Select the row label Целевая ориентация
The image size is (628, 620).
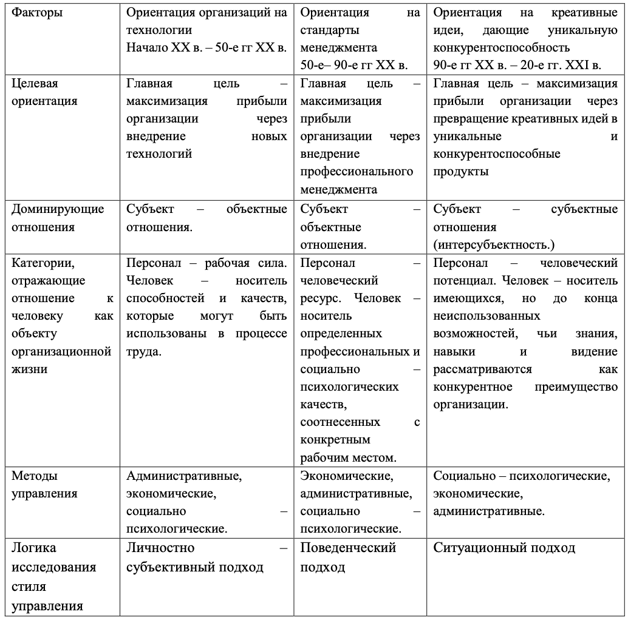tap(44, 92)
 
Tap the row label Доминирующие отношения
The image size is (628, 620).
tap(58, 218)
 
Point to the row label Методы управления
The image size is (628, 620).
tap(44, 485)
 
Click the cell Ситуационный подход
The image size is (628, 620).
tap(504, 548)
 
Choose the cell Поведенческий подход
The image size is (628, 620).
tap(348, 557)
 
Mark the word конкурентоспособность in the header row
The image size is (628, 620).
tap(502, 47)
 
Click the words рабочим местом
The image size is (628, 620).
tap(347, 456)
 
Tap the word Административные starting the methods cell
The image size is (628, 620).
tap(183, 476)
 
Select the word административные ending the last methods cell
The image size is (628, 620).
tap(488, 511)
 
